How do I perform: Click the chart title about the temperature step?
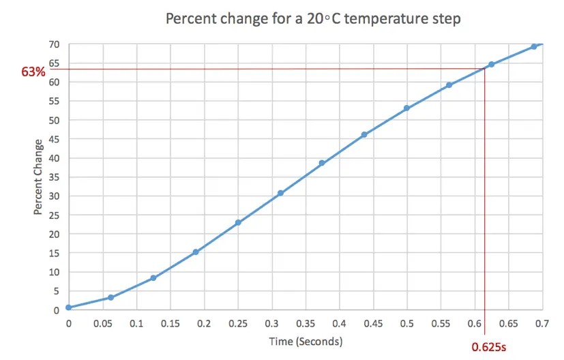coord(313,18)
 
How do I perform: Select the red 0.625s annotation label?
coord(489,346)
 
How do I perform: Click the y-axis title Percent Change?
coord(39,177)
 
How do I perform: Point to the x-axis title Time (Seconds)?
coord(306,340)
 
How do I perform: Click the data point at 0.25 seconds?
coord(238,223)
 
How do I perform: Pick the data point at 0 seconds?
coord(69,307)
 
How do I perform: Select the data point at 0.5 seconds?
coord(406,108)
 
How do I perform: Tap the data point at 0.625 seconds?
coord(491,65)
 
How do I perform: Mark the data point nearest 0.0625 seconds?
coord(110,297)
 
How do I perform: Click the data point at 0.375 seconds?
coord(322,163)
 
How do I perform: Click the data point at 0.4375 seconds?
coord(364,134)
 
